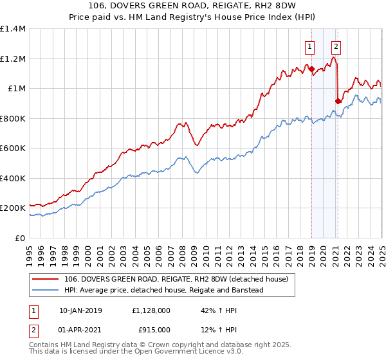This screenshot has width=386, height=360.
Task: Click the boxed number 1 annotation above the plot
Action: [x=310, y=46]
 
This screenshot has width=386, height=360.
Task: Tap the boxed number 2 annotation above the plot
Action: [x=336, y=46]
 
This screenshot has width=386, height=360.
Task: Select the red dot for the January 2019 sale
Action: [x=311, y=69]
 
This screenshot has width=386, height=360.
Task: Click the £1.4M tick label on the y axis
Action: [x=13, y=29]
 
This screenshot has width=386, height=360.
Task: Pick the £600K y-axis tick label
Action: [x=13, y=148]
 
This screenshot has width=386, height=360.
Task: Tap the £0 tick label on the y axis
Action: [x=21, y=238]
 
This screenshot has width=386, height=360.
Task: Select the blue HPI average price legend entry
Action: [x=164, y=290]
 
